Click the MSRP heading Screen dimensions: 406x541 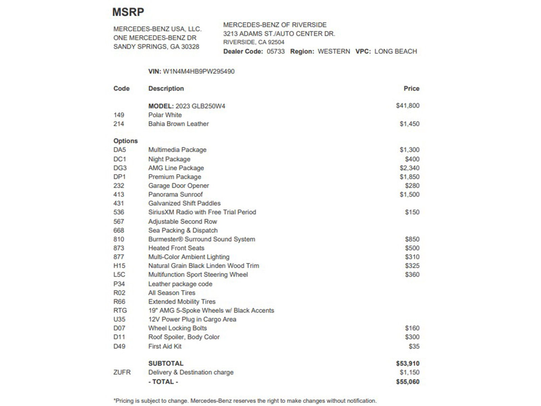click(128, 12)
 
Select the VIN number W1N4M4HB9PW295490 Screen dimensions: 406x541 click(198, 71)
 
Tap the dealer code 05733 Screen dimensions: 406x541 click(276, 51)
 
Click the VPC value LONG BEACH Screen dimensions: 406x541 click(395, 51)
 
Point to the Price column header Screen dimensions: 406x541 click(411, 89)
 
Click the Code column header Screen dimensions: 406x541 click(121, 89)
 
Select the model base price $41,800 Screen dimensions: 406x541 click(407, 106)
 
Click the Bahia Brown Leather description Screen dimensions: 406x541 click(178, 124)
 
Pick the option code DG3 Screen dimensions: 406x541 click(120, 168)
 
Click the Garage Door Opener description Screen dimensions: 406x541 click(178, 186)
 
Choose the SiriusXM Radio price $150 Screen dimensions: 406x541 click(412, 212)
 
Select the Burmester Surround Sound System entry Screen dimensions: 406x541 click(202, 239)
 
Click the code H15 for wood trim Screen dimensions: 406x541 click(119, 266)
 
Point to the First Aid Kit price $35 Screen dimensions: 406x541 click(414, 346)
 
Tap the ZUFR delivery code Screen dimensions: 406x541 click(122, 372)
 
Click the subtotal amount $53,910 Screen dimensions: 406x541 click(407, 363)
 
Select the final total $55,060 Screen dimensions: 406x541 click(407, 382)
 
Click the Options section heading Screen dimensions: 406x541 click(125, 141)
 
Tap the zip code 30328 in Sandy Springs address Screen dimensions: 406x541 click(190, 47)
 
